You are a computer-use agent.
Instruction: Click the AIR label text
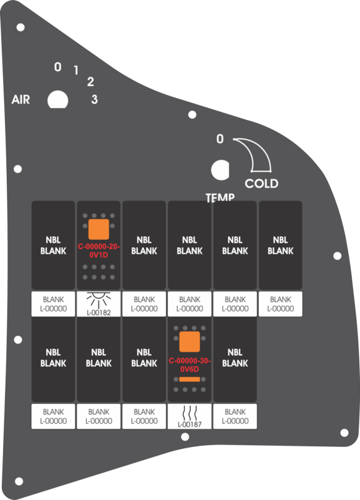[x=21, y=99]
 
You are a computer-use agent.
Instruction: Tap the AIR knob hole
[x=57, y=100]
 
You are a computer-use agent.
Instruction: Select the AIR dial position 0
[x=57, y=67]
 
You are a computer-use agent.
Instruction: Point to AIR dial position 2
[x=90, y=82]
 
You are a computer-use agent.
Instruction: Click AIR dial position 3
[x=94, y=99]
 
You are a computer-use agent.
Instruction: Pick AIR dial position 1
[x=76, y=70]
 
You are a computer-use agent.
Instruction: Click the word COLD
[x=261, y=184]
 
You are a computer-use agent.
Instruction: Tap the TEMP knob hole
[x=220, y=170]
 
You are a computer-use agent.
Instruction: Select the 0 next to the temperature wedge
[x=220, y=139]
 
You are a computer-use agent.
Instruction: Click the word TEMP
[x=220, y=197]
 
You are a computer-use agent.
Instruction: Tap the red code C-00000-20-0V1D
[x=99, y=251]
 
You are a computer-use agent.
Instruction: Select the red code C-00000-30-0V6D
[x=190, y=365]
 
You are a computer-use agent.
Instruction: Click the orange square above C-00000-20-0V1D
[x=99, y=229]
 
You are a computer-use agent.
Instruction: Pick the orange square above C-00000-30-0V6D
[x=190, y=341]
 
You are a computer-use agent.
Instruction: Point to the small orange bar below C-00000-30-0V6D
[x=190, y=379]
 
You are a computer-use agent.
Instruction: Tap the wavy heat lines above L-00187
[x=190, y=413]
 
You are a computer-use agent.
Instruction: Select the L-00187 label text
[x=190, y=424]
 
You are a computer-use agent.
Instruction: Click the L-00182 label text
[x=99, y=313]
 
